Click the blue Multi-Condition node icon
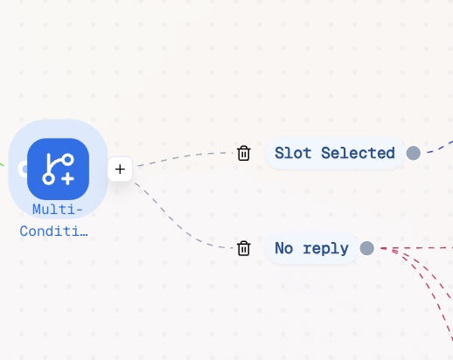58,169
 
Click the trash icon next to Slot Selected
243,153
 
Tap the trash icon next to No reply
243,248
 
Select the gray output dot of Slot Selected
414,153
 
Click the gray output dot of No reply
367,248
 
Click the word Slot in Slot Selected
293,153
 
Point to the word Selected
358,153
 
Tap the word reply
325,249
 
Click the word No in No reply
284,248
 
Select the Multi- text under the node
58,210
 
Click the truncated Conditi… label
53,232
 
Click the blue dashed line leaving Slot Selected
440,148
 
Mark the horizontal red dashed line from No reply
417,248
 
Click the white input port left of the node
23,170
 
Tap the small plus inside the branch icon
67,178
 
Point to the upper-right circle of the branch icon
68,160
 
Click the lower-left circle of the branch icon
48,179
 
